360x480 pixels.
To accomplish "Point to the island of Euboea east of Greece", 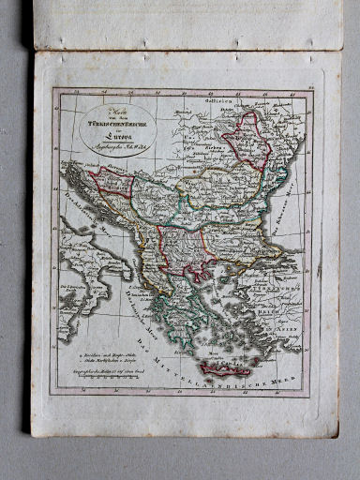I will coord(206,293).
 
